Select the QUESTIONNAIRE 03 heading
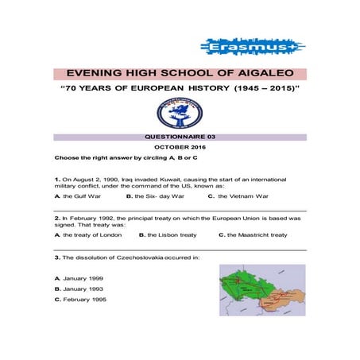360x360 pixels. coord(180,137)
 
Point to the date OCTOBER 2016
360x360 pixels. coord(180,148)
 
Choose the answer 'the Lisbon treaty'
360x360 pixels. coord(172,235)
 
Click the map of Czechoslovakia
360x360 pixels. coord(261,290)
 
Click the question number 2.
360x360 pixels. coord(57,218)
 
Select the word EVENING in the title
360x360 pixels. coord(99,72)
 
